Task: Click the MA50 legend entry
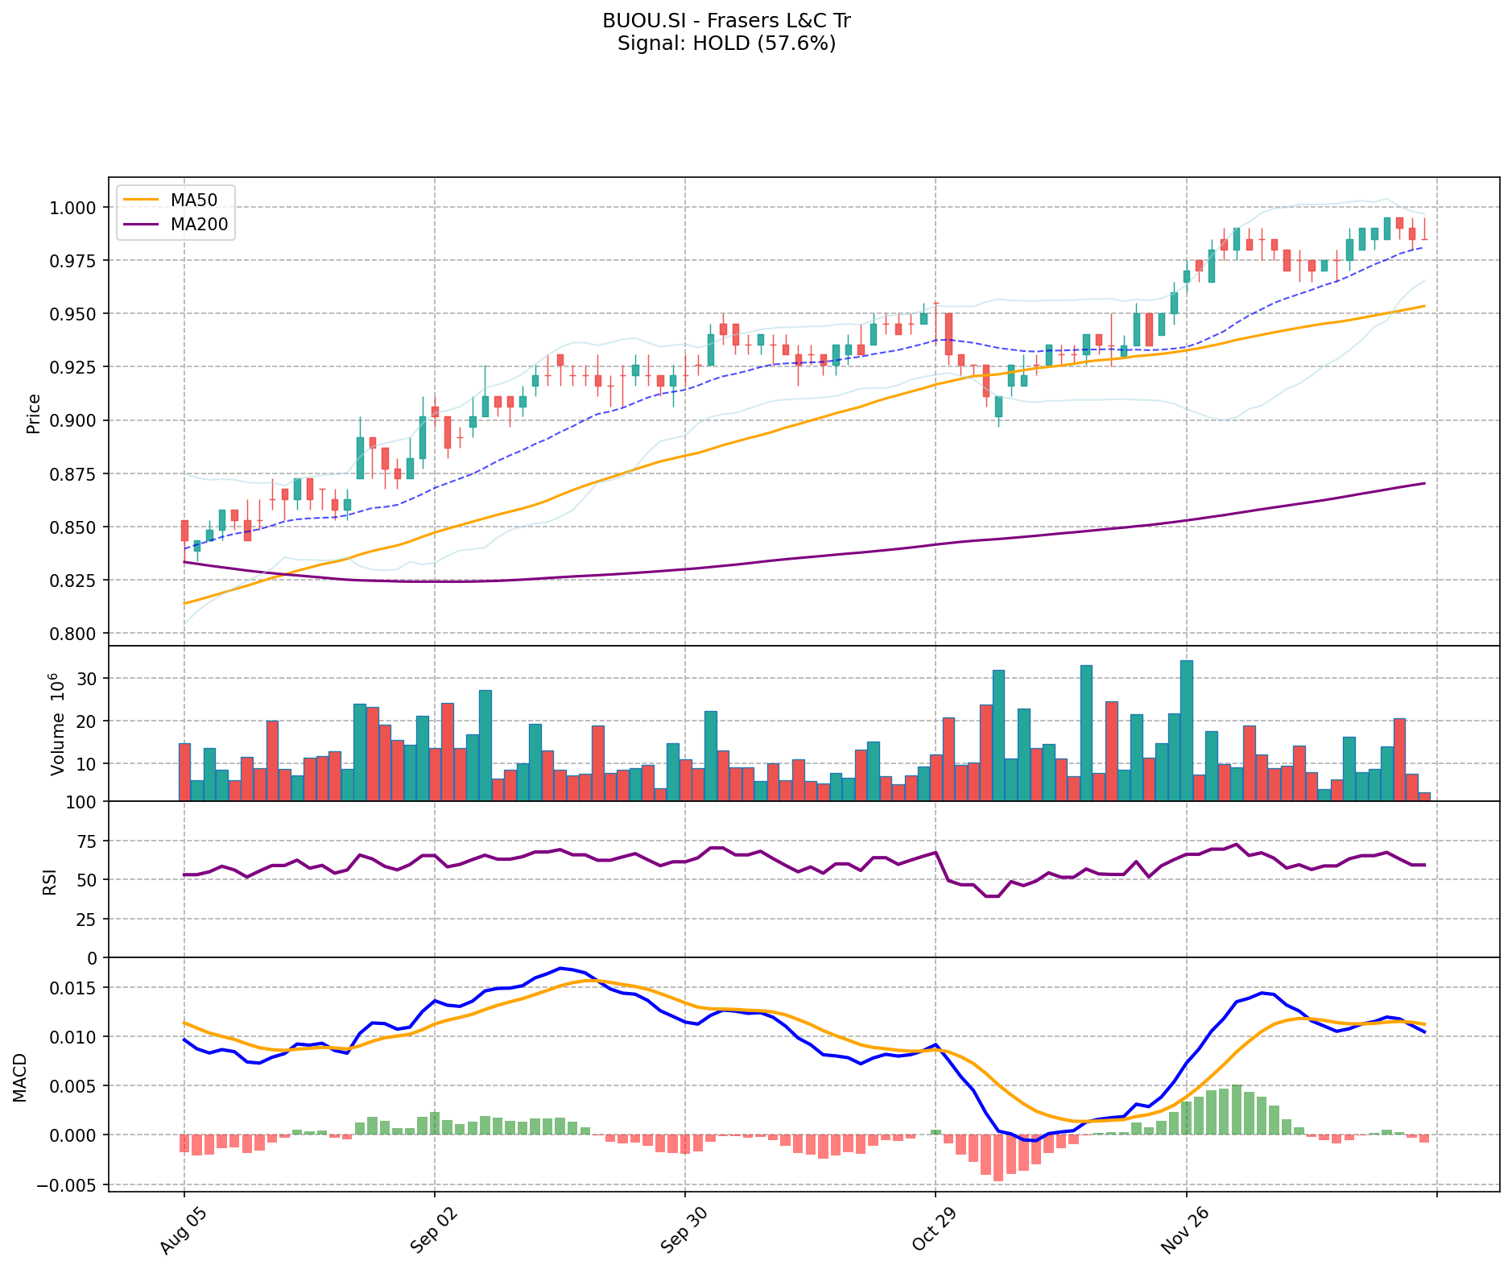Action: point(192,200)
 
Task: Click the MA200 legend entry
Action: point(198,225)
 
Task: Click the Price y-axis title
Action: point(34,413)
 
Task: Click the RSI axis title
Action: point(50,881)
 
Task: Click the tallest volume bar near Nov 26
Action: point(1187,730)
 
